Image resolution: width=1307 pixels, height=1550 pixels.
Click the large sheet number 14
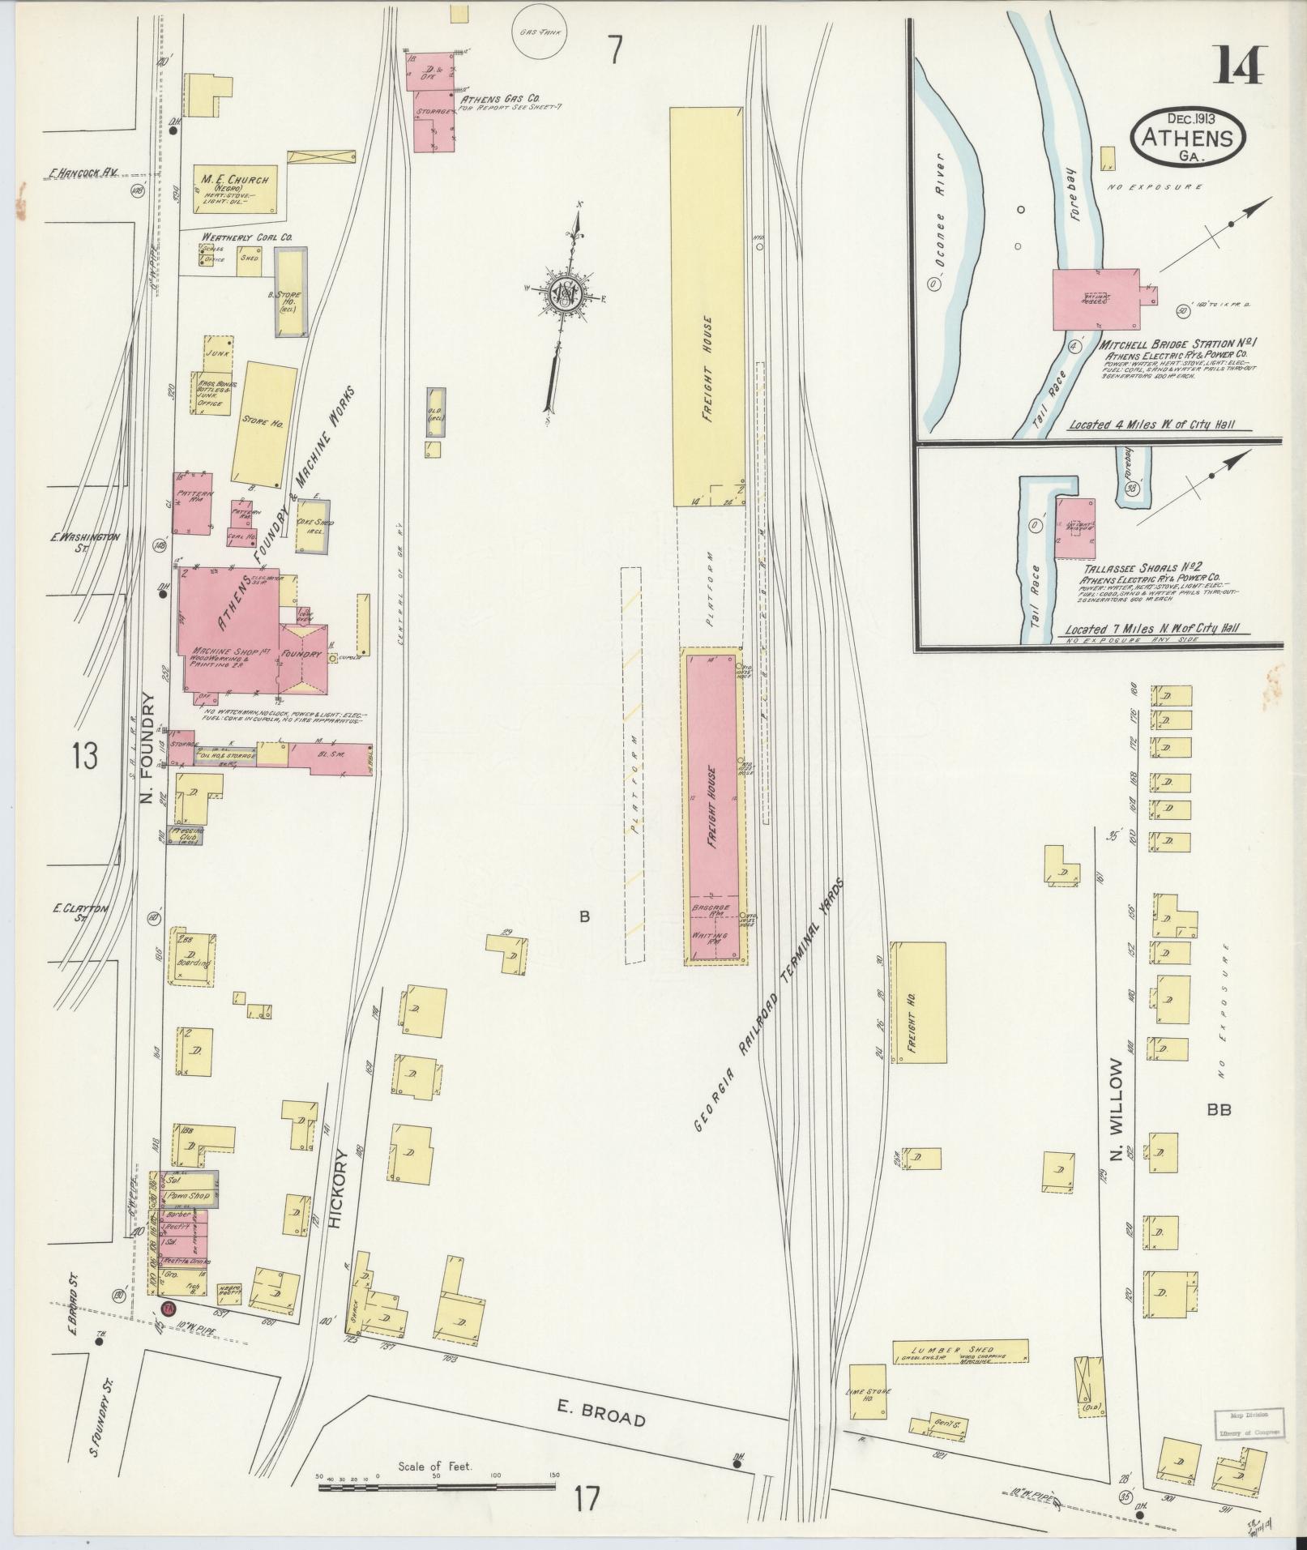click(x=1237, y=63)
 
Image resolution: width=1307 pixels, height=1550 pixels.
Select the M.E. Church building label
click(x=236, y=180)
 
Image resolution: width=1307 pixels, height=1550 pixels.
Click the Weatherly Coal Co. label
click(x=246, y=237)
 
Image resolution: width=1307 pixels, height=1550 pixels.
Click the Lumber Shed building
click(x=960, y=1351)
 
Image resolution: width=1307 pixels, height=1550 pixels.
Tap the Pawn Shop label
click(x=188, y=1196)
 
